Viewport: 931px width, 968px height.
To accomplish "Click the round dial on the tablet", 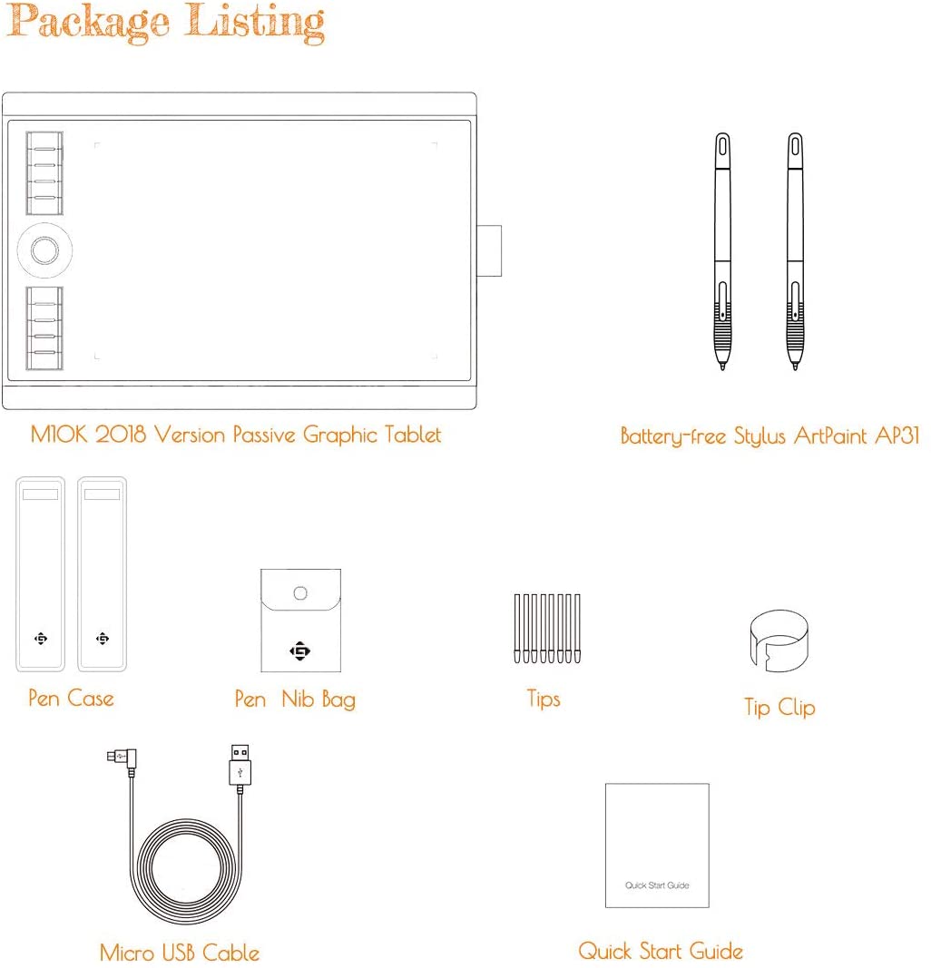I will pyautogui.click(x=43, y=248).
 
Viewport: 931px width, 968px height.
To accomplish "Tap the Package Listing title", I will pyautogui.click(x=165, y=23).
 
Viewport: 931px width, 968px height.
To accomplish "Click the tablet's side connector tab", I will pyautogui.click(x=489, y=249).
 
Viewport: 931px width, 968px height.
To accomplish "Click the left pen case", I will pyautogui.click(x=40, y=573).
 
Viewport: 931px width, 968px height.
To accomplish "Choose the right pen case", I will pyautogui.click(x=103, y=573).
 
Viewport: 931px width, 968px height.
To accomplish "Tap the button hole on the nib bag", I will pyautogui.click(x=301, y=593).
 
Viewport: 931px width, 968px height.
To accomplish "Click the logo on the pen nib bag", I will pyautogui.click(x=300, y=650).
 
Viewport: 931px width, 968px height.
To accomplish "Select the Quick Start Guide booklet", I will pyautogui.click(x=657, y=845).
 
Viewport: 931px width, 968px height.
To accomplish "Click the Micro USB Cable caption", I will pyautogui.click(x=180, y=953).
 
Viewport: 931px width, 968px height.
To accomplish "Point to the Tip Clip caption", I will pyautogui.click(x=779, y=708).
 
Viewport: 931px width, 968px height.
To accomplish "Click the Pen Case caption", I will pyautogui.click(x=71, y=699).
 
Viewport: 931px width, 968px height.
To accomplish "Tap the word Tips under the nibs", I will pyautogui.click(x=544, y=699).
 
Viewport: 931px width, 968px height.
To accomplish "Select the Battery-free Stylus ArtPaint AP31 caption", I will pyautogui.click(x=769, y=436).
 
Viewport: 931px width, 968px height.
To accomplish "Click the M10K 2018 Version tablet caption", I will pyautogui.click(x=236, y=435).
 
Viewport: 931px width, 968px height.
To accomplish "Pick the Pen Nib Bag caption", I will pyautogui.click(x=295, y=699).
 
